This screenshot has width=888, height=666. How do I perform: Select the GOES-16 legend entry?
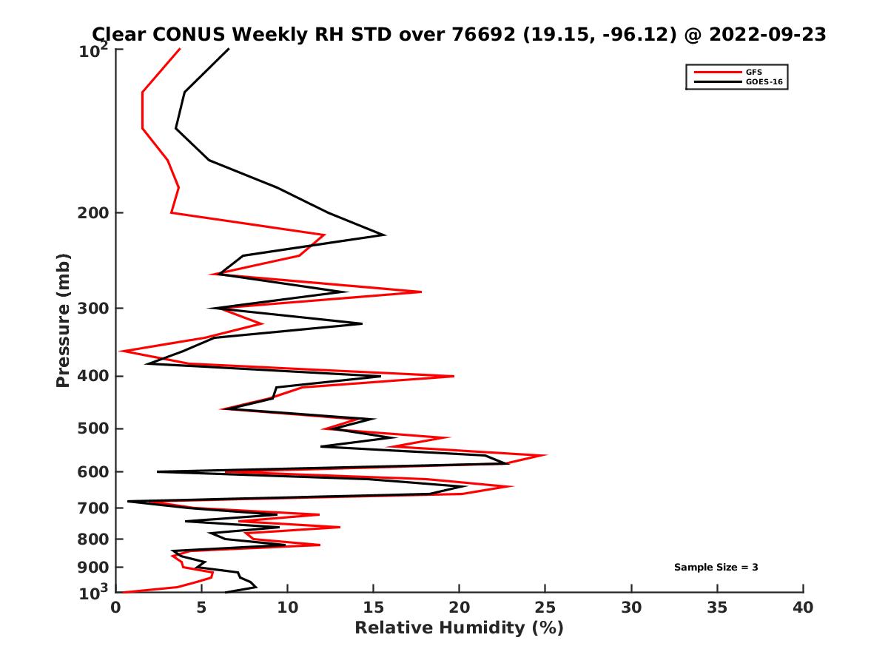762,82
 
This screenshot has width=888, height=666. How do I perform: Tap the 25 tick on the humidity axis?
545,608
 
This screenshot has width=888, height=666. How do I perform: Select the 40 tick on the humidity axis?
803,608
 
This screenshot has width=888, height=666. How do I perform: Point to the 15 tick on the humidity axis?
374,608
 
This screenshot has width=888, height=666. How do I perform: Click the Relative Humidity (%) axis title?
459,628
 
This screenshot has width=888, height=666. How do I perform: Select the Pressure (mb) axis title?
63,320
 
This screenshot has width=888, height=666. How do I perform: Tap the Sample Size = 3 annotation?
716,568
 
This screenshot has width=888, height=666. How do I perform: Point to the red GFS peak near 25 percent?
546,455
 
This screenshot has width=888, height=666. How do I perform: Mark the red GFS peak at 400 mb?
454,376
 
